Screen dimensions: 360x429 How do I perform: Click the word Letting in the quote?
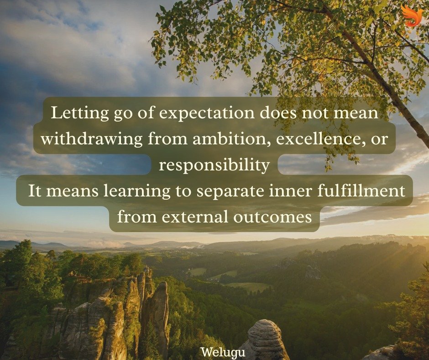click(x=73, y=113)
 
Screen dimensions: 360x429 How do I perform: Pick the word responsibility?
click(x=214, y=165)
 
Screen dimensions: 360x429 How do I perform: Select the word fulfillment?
click(x=368, y=191)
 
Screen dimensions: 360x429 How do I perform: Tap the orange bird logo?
click(x=412, y=16)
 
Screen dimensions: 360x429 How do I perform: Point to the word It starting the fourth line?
click(x=36, y=191)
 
